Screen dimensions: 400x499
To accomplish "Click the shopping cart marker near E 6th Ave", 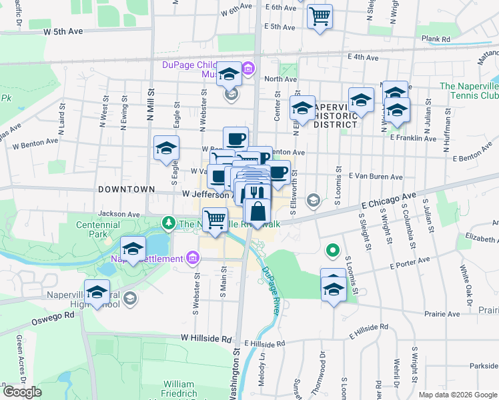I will (x=320, y=15).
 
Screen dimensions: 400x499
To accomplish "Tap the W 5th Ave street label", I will (x=63, y=31).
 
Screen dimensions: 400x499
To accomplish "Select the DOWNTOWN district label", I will (x=127, y=189).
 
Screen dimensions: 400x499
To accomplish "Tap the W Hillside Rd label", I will (x=206, y=339).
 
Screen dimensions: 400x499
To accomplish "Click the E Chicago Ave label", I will (x=388, y=200).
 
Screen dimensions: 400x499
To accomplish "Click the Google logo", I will (x=22, y=392).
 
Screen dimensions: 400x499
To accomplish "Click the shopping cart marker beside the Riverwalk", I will (x=215, y=219).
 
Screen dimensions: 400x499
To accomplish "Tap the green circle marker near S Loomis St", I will (x=331, y=251).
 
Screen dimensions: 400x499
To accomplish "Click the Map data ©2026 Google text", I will (x=457, y=394).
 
